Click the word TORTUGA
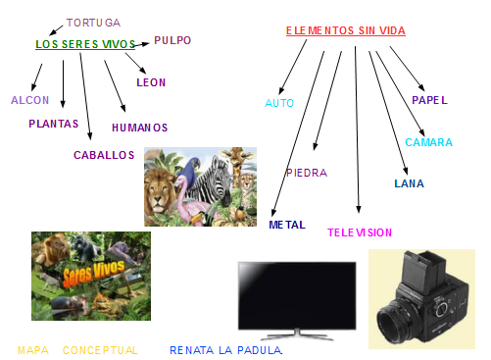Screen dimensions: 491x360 tap(93, 23)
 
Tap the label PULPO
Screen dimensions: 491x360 tap(173, 41)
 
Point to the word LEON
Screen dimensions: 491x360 tap(151, 83)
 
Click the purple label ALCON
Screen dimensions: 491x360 tap(29, 101)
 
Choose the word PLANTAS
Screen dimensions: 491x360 tap(54, 125)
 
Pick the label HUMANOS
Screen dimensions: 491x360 tap(139, 128)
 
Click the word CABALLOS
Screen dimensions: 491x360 tap(104, 155)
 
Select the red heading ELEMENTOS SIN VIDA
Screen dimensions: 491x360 tap(346, 31)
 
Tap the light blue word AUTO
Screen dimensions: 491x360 tap(279, 103)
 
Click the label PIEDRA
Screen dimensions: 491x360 tap(307, 173)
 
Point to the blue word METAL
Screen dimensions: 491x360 tap(287, 225)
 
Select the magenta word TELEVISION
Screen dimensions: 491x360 tap(360, 232)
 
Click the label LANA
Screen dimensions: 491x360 tap(409, 183)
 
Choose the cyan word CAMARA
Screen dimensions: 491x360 tap(429, 142)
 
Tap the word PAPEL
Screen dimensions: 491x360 tap(430, 101)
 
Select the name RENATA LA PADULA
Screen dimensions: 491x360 tap(225, 350)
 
